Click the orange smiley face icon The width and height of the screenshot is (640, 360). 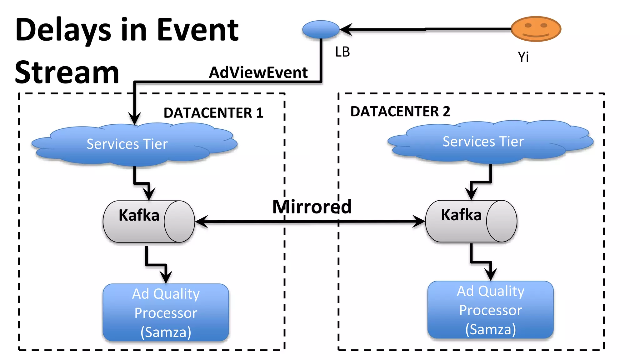click(536, 29)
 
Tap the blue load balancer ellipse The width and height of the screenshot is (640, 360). click(321, 29)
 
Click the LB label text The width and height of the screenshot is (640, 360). click(342, 52)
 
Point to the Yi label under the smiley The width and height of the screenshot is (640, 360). click(523, 57)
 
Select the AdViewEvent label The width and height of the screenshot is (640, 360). click(258, 72)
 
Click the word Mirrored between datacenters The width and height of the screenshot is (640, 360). click(312, 207)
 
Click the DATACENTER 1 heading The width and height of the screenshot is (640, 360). click(213, 113)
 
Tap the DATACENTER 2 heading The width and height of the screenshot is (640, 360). click(400, 112)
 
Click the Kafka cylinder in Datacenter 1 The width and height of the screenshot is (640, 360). click(149, 222)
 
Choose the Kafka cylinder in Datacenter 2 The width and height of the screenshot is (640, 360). click(471, 221)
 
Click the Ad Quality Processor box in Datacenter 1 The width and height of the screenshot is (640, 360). click(166, 312)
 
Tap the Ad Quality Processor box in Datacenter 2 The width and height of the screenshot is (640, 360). click(491, 310)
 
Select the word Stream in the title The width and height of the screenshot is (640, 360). click(67, 73)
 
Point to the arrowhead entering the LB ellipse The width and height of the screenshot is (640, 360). click(346, 29)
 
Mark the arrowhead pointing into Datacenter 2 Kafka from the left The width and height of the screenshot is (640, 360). click(419, 221)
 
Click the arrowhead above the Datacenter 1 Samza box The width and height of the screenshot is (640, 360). click(166, 277)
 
